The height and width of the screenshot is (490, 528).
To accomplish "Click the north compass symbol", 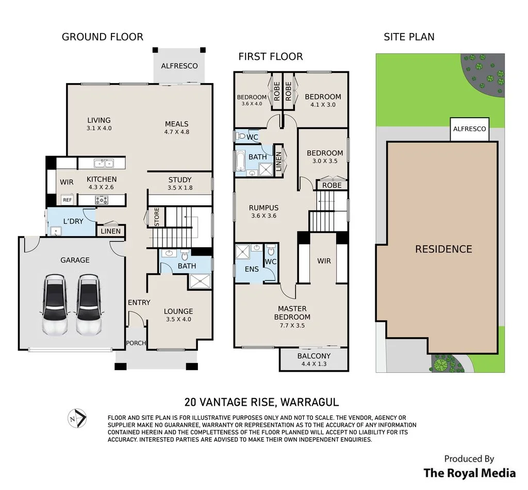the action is click(x=77, y=418).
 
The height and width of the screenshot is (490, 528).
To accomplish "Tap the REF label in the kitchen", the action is click(x=68, y=200).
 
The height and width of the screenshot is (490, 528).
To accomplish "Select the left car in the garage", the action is click(x=54, y=305).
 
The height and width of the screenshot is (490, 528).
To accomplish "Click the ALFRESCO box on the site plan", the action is click(x=469, y=129).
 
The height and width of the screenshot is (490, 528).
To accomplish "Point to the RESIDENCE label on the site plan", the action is click(x=443, y=249).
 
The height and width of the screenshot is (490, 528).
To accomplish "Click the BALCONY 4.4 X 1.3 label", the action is click(x=314, y=359).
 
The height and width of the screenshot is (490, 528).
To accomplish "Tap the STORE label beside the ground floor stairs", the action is click(x=157, y=217).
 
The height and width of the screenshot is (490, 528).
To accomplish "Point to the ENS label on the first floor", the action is click(x=252, y=269).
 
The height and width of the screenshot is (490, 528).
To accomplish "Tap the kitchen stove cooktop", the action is click(x=102, y=200).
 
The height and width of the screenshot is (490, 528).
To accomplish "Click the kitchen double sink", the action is click(x=104, y=164).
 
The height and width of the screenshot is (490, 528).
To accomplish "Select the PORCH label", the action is click(x=136, y=343).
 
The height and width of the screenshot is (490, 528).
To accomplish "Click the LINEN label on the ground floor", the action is click(x=110, y=231).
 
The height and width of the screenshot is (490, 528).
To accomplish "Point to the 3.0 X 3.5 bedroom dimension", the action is click(x=325, y=161).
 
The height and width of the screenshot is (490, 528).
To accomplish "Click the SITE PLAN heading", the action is click(x=409, y=37).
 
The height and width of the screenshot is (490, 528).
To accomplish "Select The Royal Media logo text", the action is click(x=469, y=473).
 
